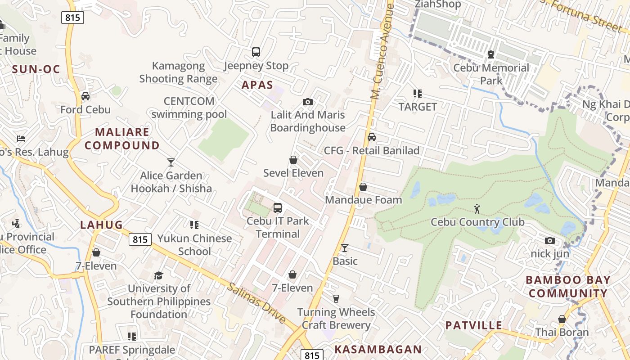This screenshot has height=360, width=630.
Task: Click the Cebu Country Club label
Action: (x=477, y=222)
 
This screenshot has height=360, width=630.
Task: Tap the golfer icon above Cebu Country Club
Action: (x=477, y=209)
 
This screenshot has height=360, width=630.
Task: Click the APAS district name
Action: (x=257, y=85)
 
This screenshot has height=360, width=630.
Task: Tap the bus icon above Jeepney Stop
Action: (x=256, y=52)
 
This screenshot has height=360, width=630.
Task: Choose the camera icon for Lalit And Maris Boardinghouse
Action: (x=308, y=102)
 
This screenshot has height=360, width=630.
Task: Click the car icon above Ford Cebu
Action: (x=85, y=96)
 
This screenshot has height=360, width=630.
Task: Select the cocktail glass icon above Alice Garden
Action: (x=171, y=162)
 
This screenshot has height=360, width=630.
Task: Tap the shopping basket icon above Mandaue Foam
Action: (x=363, y=187)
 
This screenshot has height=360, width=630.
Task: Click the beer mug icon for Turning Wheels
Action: (x=336, y=299)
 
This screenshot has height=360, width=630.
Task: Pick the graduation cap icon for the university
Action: (x=158, y=275)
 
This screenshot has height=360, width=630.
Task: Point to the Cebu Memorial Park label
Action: (x=491, y=74)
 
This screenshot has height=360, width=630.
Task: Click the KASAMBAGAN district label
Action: (x=378, y=349)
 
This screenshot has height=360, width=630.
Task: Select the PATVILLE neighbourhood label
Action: (x=474, y=325)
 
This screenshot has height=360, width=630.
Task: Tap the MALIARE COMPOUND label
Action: (x=122, y=139)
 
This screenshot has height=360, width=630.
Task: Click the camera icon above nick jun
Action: (x=549, y=241)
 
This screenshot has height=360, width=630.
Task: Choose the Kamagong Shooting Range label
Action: (x=178, y=72)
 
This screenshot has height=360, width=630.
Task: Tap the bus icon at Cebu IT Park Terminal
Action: (x=278, y=208)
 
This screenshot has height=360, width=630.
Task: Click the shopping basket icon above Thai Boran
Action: (x=562, y=319)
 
